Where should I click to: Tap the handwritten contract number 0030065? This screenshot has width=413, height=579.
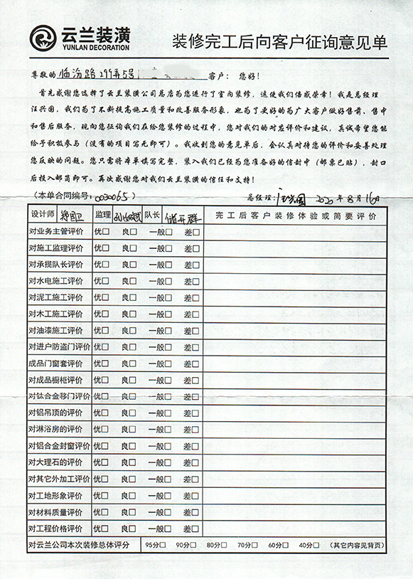112,196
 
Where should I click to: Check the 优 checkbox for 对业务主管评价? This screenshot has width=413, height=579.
105,231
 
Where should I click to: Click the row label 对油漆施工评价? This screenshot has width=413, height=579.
56,330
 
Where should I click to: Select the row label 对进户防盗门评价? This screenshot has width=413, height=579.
59,346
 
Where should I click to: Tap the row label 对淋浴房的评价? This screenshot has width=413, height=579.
56,429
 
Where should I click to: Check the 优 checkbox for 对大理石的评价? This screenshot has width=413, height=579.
105,462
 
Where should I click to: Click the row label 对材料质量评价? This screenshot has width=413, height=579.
56,511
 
